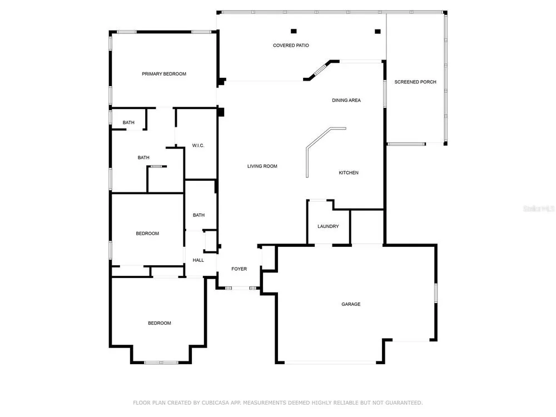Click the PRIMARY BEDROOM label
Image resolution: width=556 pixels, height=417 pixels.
coord(164,74)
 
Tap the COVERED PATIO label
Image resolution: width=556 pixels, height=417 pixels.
coord(291,46)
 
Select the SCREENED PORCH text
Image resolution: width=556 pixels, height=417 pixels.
coord(415,82)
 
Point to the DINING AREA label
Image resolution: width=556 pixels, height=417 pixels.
coord(346,100)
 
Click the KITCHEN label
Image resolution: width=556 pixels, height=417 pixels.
coord(349,173)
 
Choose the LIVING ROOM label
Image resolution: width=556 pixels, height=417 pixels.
coord(262,166)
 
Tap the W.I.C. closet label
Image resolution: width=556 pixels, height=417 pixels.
coord(198,145)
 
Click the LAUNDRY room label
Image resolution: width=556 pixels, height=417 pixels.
coord(328,226)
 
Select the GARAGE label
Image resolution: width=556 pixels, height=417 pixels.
coord(351,304)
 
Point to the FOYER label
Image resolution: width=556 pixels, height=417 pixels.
coord(239,269)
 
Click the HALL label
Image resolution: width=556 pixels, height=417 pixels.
coord(198,260)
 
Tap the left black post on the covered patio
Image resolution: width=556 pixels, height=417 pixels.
coord(294,31)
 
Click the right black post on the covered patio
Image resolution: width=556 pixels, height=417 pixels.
coord(378,32)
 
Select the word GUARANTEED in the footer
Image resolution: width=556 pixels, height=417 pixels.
coord(404,403)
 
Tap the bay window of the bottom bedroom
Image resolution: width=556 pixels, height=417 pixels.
coord(161,363)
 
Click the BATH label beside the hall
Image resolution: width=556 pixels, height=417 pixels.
coord(198,215)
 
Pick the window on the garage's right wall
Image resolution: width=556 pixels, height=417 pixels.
coord(436,293)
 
